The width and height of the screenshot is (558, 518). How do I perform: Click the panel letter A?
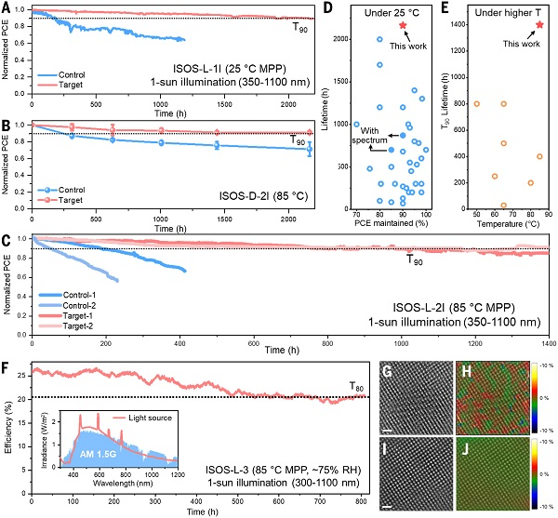(x=7, y=7)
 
